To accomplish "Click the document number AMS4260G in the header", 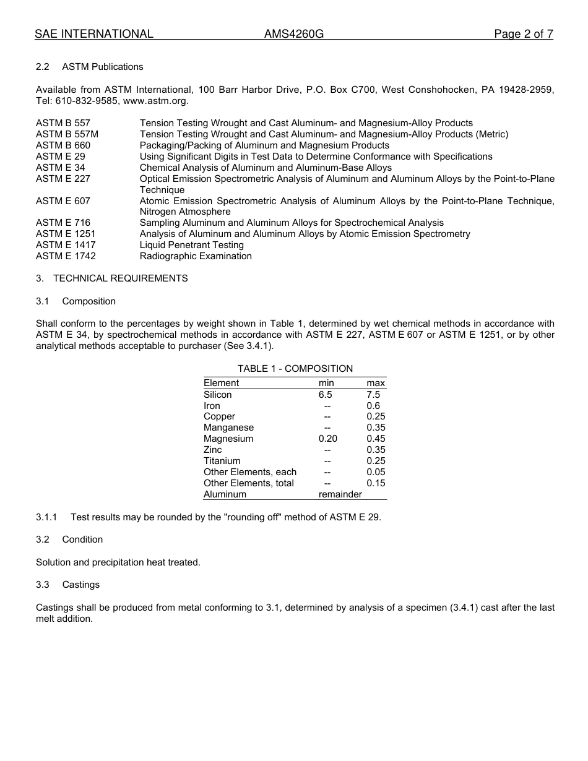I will (293, 35).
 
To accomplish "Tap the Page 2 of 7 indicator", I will (523, 35).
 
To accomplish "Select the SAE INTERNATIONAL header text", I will (94, 35).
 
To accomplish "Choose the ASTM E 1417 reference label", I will (66, 245).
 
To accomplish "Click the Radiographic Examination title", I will (196, 256).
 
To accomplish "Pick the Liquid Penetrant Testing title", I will (192, 245).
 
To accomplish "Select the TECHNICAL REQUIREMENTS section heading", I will (120, 278).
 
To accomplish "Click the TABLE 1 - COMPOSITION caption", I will (295, 369).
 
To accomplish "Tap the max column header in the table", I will (376, 384).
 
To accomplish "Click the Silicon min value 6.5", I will (326, 395).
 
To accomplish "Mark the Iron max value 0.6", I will (373, 406).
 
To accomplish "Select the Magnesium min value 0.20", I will (328, 439).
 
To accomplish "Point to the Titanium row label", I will (222, 461).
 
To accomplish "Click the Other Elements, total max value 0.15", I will (376, 483).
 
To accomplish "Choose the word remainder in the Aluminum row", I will (340, 494).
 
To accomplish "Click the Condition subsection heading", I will (82, 540).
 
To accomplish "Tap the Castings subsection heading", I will (81, 585).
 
